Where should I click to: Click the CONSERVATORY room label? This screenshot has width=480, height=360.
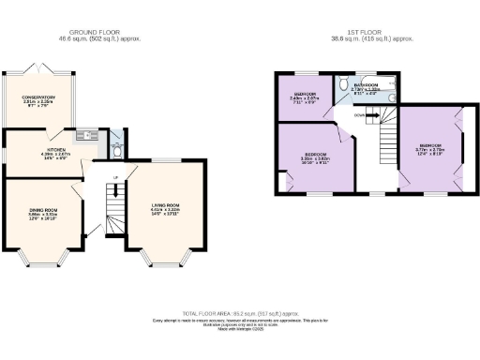pos(39,97)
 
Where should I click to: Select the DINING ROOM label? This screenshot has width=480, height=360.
pos(42,209)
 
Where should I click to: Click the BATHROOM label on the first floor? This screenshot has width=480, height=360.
pos(366,84)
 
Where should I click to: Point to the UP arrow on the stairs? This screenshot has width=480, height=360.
pos(114,177)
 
